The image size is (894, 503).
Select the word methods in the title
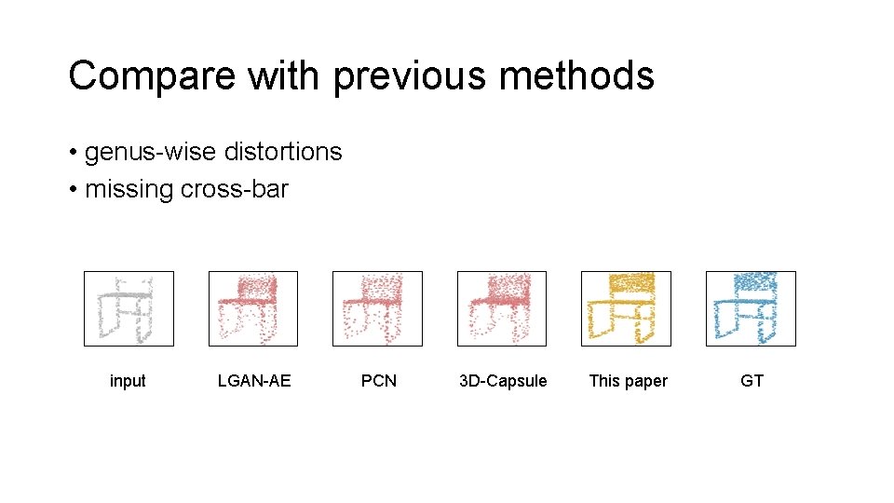pos(576,75)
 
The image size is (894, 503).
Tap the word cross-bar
pos(235,189)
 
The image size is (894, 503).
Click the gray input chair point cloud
pos(129,308)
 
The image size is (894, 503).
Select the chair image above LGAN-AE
pos(253,308)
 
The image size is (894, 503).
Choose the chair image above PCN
pos(377,308)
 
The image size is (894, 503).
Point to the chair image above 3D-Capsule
pos(502,308)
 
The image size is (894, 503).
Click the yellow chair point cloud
pos(626,308)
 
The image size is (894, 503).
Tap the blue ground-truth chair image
pos(751,308)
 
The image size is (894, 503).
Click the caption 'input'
pos(128,381)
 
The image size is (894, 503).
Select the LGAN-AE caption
pos(254,381)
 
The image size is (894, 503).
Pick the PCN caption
pos(379,381)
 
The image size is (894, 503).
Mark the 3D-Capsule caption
pos(503,381)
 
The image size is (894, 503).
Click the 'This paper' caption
pos(628,381)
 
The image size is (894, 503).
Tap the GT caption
pos(752,381)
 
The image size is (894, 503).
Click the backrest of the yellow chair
pos(630,283)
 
